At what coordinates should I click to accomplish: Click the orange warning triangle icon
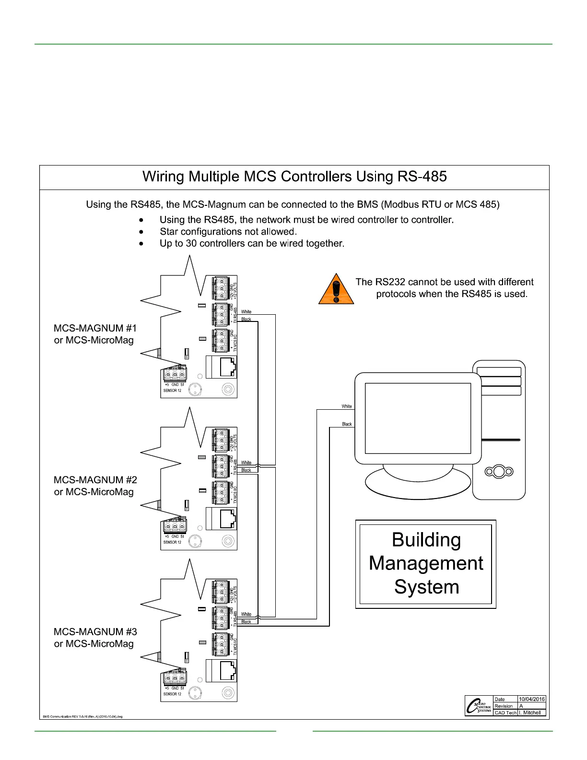pyautogui.click(x=336, y=289)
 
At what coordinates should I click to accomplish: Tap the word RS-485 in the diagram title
pyautogui.click(x=422, y=177)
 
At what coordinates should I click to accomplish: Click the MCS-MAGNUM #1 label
pyautogui.click(x=95, y=328)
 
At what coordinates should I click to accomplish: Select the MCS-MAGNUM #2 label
pyautogui.click(x=95, y=480)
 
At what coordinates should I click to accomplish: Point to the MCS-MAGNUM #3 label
pyautogui.click(x=95, y=632)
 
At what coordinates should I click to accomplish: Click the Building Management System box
pyautogui.click(x=426, y=564)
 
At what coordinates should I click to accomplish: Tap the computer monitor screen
pyautogui.click(x=418, y=418)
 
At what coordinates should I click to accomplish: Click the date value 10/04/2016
pyautogui.click(x=531, y=699)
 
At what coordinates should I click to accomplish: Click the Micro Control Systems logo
pyautogui.click(x=479, y=706)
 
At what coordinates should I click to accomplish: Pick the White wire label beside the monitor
pyautogui.click(x=346, y=406)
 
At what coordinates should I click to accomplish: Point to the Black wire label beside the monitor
pyautogui.click(x=347, y=424)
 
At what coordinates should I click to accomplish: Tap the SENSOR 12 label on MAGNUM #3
pyautogui.click(x=172, y=694)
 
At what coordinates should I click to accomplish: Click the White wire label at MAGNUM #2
pyautogui.click(x=246, y=463)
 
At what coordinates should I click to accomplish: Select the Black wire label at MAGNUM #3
pyautogui.click(x=246, y=622)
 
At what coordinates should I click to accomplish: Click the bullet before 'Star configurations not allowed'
pyautogui.click(x=141, y=232)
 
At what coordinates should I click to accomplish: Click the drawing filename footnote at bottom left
pyautogui.click(x=82, y=717)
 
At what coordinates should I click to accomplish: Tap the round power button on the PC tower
pyautogui.click(x=499, y=472)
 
